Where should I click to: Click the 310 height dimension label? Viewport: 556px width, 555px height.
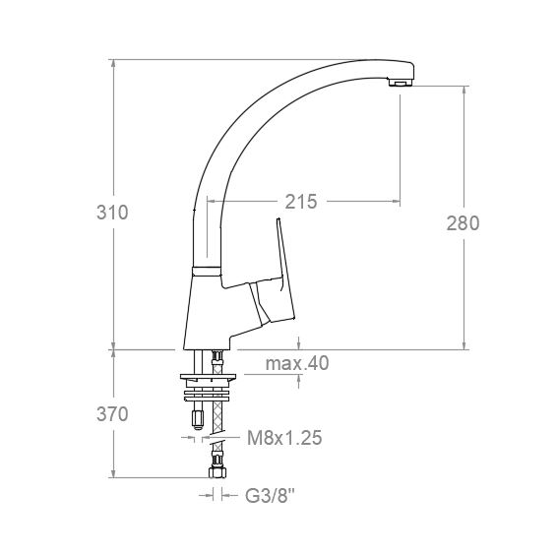(x=112, y=213)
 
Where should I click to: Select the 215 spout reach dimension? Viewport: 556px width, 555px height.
(x=301, y=202)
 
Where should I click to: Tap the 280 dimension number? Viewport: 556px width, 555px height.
(x=463, y=223)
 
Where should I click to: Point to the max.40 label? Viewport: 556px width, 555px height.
(x=297, y=363)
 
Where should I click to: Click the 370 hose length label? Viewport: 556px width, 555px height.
(x=112, y=414)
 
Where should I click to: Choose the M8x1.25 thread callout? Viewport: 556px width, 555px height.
(x=284, y=438)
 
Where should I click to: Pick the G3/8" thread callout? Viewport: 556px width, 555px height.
(x=270, y=496)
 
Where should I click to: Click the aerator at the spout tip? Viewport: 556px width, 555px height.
(x=401, y=83)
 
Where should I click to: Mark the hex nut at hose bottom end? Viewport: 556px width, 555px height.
(x=217, y=472)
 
